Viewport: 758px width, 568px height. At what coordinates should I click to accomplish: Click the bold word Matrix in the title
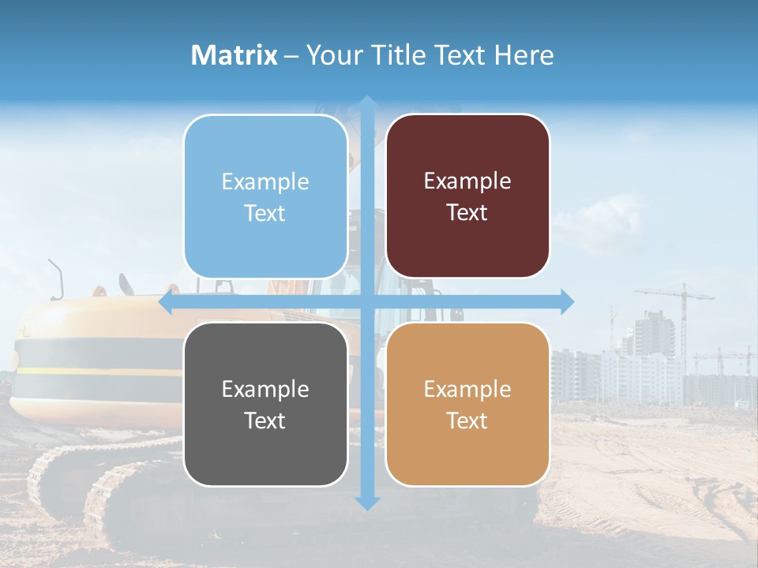234,55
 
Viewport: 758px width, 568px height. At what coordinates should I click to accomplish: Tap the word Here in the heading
523,55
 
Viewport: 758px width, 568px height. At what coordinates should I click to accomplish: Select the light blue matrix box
265,196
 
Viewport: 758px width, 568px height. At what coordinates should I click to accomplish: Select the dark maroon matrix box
467,196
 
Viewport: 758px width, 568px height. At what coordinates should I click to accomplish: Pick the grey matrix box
265,404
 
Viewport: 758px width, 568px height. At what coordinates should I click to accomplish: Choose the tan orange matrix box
467,404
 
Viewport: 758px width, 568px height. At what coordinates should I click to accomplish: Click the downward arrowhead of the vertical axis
367,503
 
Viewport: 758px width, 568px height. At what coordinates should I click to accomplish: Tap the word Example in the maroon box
467,181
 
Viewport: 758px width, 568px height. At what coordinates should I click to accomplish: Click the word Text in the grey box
265,420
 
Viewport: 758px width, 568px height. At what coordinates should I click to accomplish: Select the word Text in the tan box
467,420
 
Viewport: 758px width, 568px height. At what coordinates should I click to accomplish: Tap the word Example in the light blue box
265,181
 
